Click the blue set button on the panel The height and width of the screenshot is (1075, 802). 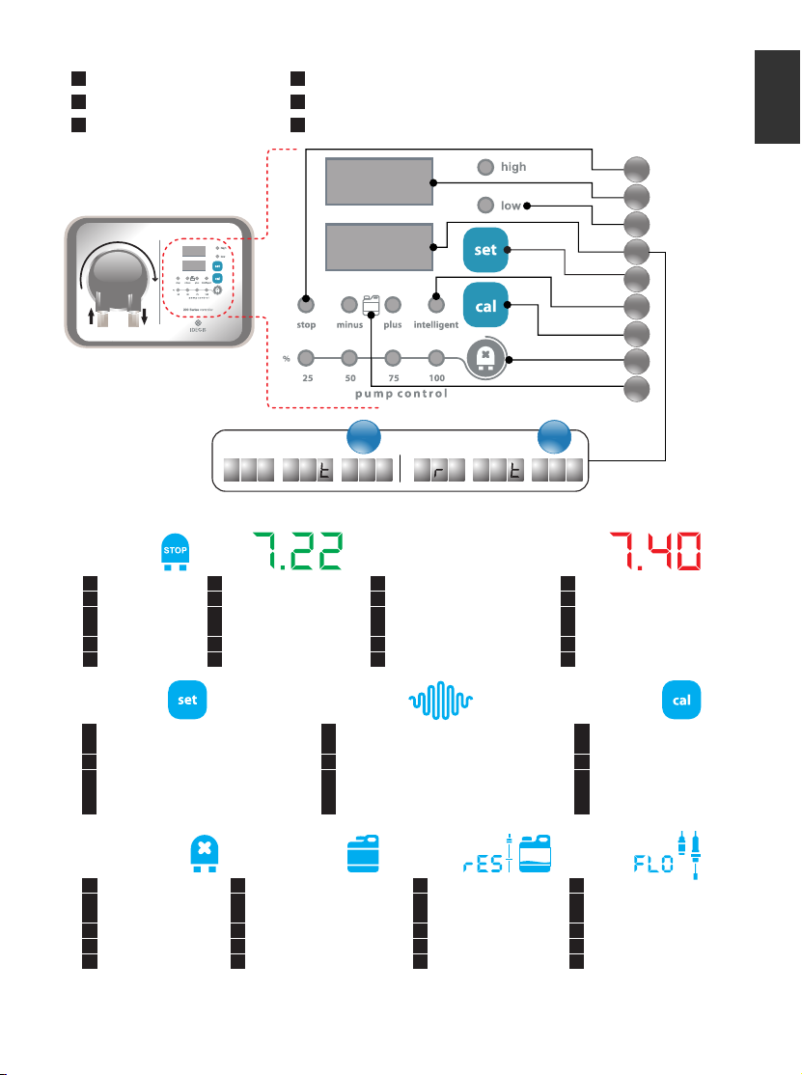coord(485,249)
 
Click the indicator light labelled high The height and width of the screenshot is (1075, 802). coord(486,167)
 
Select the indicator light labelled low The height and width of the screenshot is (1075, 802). coord(486,205)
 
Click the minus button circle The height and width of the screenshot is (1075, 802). coord(348,305)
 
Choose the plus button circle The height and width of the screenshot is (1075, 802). coord(393,305)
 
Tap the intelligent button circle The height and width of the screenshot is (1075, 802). coord(435,305)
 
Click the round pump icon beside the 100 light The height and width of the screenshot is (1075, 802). coord(485,359)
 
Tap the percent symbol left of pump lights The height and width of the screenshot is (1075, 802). coord(287,359)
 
